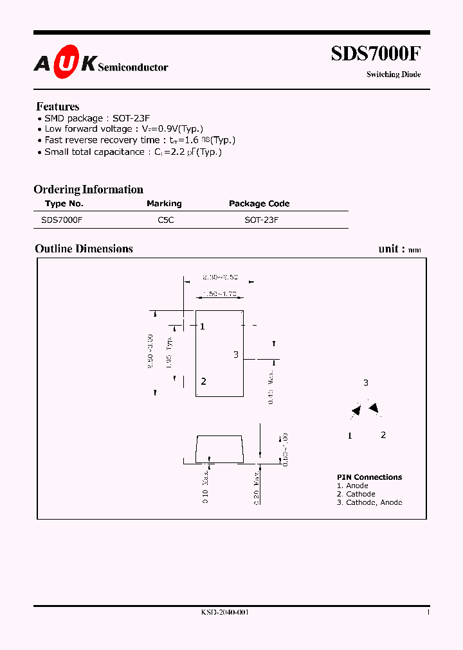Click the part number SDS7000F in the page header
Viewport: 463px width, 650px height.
point(376,54)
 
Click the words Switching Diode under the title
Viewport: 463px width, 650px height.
point(394,75)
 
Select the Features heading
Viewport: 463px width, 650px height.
point(58,107)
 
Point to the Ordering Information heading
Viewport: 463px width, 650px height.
point(88,189)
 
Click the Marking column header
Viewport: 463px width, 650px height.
point(164,204)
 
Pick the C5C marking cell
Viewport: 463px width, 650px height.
point(165,220)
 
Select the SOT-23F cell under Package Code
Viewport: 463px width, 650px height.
point(261,220)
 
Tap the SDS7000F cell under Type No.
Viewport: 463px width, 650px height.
point(61,220)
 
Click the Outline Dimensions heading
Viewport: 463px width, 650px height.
point(84,249)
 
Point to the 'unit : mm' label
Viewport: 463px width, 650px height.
point(399,249)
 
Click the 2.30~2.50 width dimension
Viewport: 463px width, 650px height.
point(220,277)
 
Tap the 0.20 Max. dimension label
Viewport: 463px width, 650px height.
point(257,487)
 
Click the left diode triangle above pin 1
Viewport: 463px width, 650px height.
point(355,411)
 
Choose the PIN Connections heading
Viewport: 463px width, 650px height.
point(369,477)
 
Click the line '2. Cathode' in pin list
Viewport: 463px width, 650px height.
point(356,494)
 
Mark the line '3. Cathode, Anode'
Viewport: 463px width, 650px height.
point(369,502)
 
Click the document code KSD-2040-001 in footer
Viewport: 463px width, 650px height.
point(224,613)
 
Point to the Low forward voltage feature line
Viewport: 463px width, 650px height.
point(123,129)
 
